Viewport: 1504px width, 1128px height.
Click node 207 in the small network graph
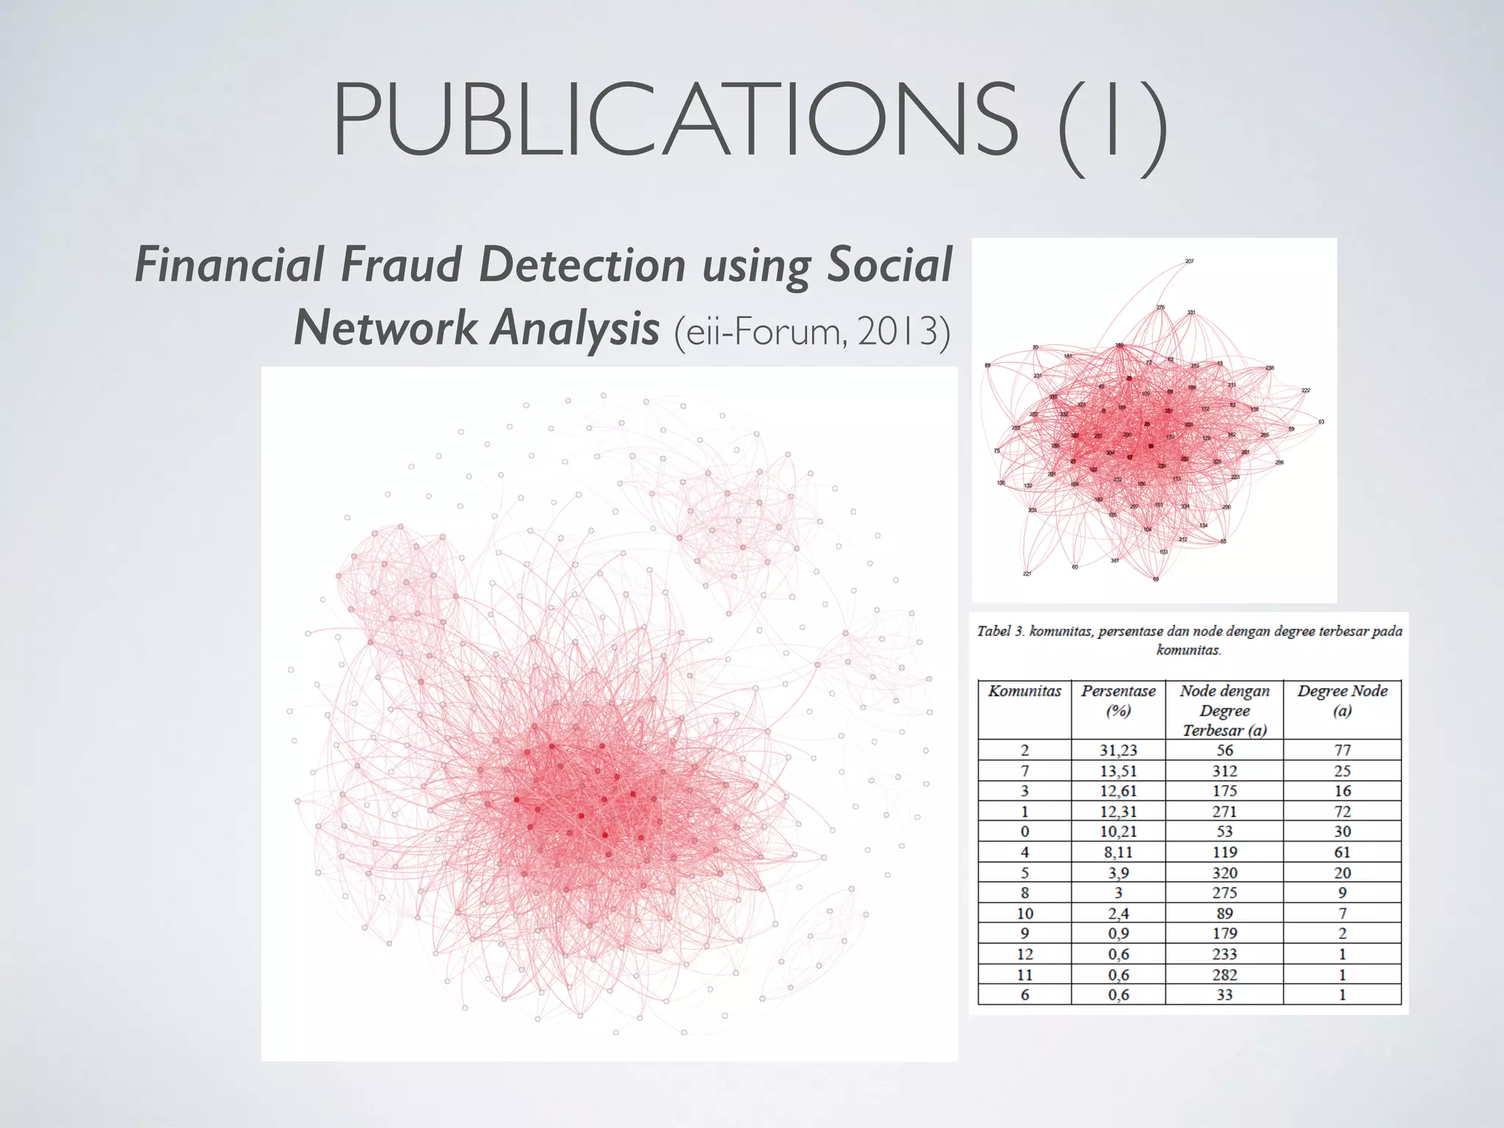click(1189, 261)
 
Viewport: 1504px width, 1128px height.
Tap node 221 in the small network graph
click(1027, 574)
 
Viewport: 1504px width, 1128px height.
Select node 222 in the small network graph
click(1305, 390)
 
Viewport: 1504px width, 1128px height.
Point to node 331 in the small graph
click(1191, 313)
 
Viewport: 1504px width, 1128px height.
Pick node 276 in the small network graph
click(1160, 308)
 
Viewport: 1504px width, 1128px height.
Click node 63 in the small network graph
click(1321, 422)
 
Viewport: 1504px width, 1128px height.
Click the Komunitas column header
click(1024, 691)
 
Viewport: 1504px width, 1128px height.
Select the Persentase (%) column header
click(1118, 701)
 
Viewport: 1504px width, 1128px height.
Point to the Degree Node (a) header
click(1342, 701)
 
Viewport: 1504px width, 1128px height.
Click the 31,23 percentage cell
click(1118, 750)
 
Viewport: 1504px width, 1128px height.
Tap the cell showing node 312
click(1224, 770)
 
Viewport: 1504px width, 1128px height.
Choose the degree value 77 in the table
click(1342, 750)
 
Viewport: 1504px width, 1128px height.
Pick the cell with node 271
click(1224, 811)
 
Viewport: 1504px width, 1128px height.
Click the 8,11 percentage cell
click(1118, 852)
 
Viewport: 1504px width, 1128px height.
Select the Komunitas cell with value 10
click(1024, 914)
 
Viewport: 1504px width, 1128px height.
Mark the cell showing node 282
click(1224, 975)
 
